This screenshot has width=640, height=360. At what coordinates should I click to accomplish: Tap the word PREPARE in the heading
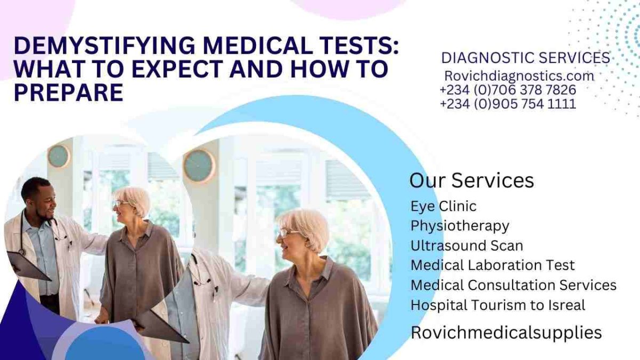(x=69, y=93)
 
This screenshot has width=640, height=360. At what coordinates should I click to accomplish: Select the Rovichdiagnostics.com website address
(x=519, y=76)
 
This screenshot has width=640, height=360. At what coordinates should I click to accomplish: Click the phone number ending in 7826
(x=508, y=90)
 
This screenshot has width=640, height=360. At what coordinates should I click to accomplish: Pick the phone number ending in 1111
(x=508, y=103)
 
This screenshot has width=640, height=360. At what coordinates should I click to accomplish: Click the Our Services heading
(x=471, y=181)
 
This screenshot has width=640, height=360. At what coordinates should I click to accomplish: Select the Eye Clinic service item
(x=443, y=206)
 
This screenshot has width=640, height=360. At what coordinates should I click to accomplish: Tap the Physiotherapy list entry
(x=460, y=226)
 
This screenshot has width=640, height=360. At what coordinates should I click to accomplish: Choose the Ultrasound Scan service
(x=467, y=246)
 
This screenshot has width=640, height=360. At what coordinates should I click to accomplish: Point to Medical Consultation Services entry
(x=514, y=285)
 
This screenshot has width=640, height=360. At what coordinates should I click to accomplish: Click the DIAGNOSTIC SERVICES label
(x=526, y=58)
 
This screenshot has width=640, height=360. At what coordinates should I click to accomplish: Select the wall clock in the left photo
(x=59, y=156)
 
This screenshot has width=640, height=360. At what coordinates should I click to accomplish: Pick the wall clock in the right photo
(x=199, y=166)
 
